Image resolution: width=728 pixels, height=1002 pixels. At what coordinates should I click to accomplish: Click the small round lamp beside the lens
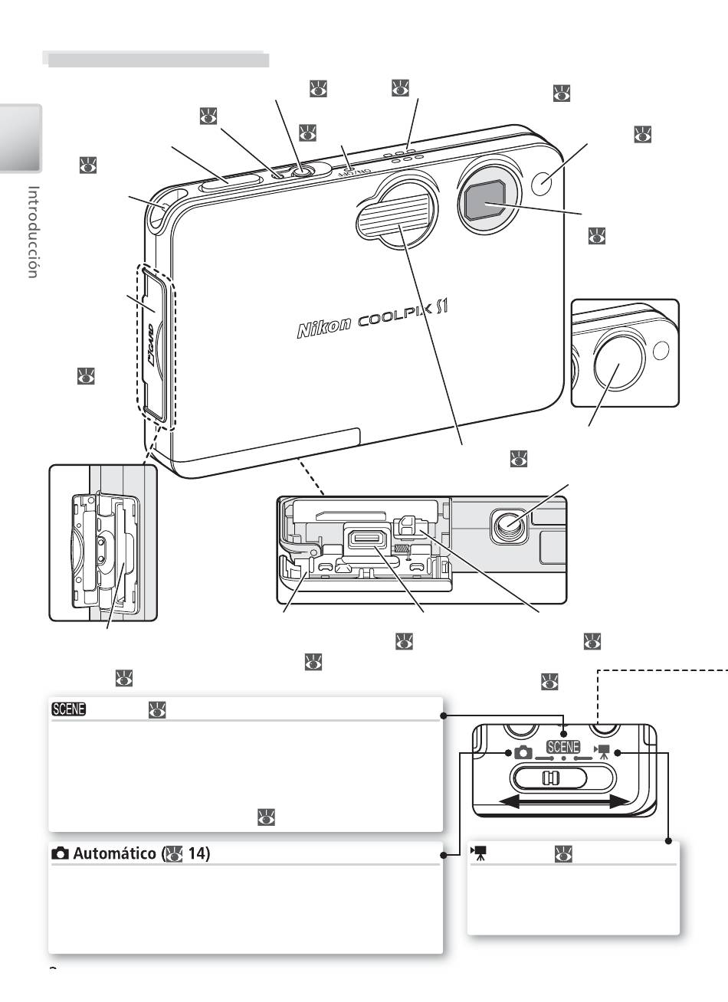tap(542, 183)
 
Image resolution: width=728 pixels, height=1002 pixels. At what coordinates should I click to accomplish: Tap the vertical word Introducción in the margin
tap(34, 231)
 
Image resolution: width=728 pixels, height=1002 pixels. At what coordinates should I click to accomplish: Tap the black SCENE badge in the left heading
tap(68, 709)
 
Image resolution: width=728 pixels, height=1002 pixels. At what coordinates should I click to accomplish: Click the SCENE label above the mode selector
tap(563, 747)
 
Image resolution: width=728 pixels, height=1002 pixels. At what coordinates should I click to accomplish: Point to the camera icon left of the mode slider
tap(523, 752)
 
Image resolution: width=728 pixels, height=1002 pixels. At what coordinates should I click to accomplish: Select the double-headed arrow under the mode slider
tap(563, 801)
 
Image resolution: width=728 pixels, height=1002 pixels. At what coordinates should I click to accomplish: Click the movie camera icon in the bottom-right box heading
tap(479, 853)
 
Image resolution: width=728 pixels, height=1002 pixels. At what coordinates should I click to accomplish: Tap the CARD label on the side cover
tap(150, 345)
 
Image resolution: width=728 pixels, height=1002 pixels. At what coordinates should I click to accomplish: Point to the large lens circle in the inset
tap(619, 359)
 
